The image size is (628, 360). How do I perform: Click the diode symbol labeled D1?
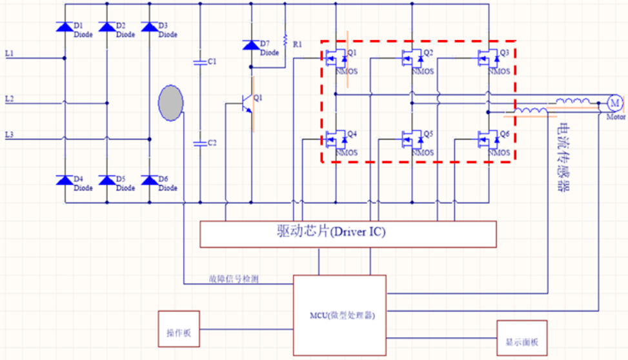click(x=64, y=27)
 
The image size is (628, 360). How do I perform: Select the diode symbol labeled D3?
click(x=150, y=27)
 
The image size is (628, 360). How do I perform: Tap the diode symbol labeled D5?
click(x=107, y=181)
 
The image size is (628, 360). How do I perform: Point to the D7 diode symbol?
click(x=251, y=45)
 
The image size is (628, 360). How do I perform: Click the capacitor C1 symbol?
click(x=200, y=62)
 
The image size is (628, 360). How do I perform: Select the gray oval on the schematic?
click(x=171, y=103)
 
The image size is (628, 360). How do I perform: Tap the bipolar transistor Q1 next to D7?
click(x=247, y=103)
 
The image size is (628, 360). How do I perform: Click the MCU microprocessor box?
click(x=339, y=315)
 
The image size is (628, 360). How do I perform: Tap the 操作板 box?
click(x=179, y=333)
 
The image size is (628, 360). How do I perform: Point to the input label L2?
click(x=10, y=99)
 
